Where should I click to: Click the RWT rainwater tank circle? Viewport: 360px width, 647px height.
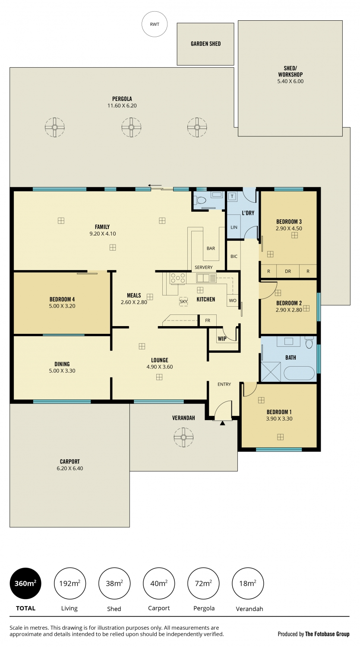click(x=155, y=24)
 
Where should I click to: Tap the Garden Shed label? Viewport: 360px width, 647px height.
click(x=205, y=44)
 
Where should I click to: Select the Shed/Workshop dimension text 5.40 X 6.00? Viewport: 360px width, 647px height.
click(x=291, y=81)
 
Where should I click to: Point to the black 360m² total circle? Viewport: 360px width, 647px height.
click(x=25, y=583)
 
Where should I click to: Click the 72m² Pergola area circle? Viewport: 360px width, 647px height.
click(x=203, y=583)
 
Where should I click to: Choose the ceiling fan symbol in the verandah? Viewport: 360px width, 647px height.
click(x=183, y=438)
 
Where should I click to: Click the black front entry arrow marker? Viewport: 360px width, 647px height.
click(x=222, y=423)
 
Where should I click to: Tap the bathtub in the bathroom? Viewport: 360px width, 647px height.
click(x=299, y=373)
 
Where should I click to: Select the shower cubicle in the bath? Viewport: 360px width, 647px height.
click(x=271, y=372)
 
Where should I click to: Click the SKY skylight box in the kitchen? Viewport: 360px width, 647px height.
click(x=183, y=301)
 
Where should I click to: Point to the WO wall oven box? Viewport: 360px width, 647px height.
click(x=233, y=300)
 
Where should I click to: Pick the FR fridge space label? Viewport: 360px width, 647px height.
click(x=208, y=320)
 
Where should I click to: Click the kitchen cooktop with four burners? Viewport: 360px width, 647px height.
click(x=178, y=279)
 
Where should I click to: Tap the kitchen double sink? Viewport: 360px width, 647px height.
click(x=206, y=278)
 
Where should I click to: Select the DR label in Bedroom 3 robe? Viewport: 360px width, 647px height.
click(x=288, y=271)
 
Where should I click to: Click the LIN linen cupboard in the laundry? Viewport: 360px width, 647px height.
click(x=234, y=227)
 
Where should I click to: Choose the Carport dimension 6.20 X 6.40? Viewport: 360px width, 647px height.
click(x=69, y=468)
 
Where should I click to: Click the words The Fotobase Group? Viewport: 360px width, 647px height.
click(x=327, y=634)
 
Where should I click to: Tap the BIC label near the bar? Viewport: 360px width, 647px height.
click(x=234, y=256)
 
